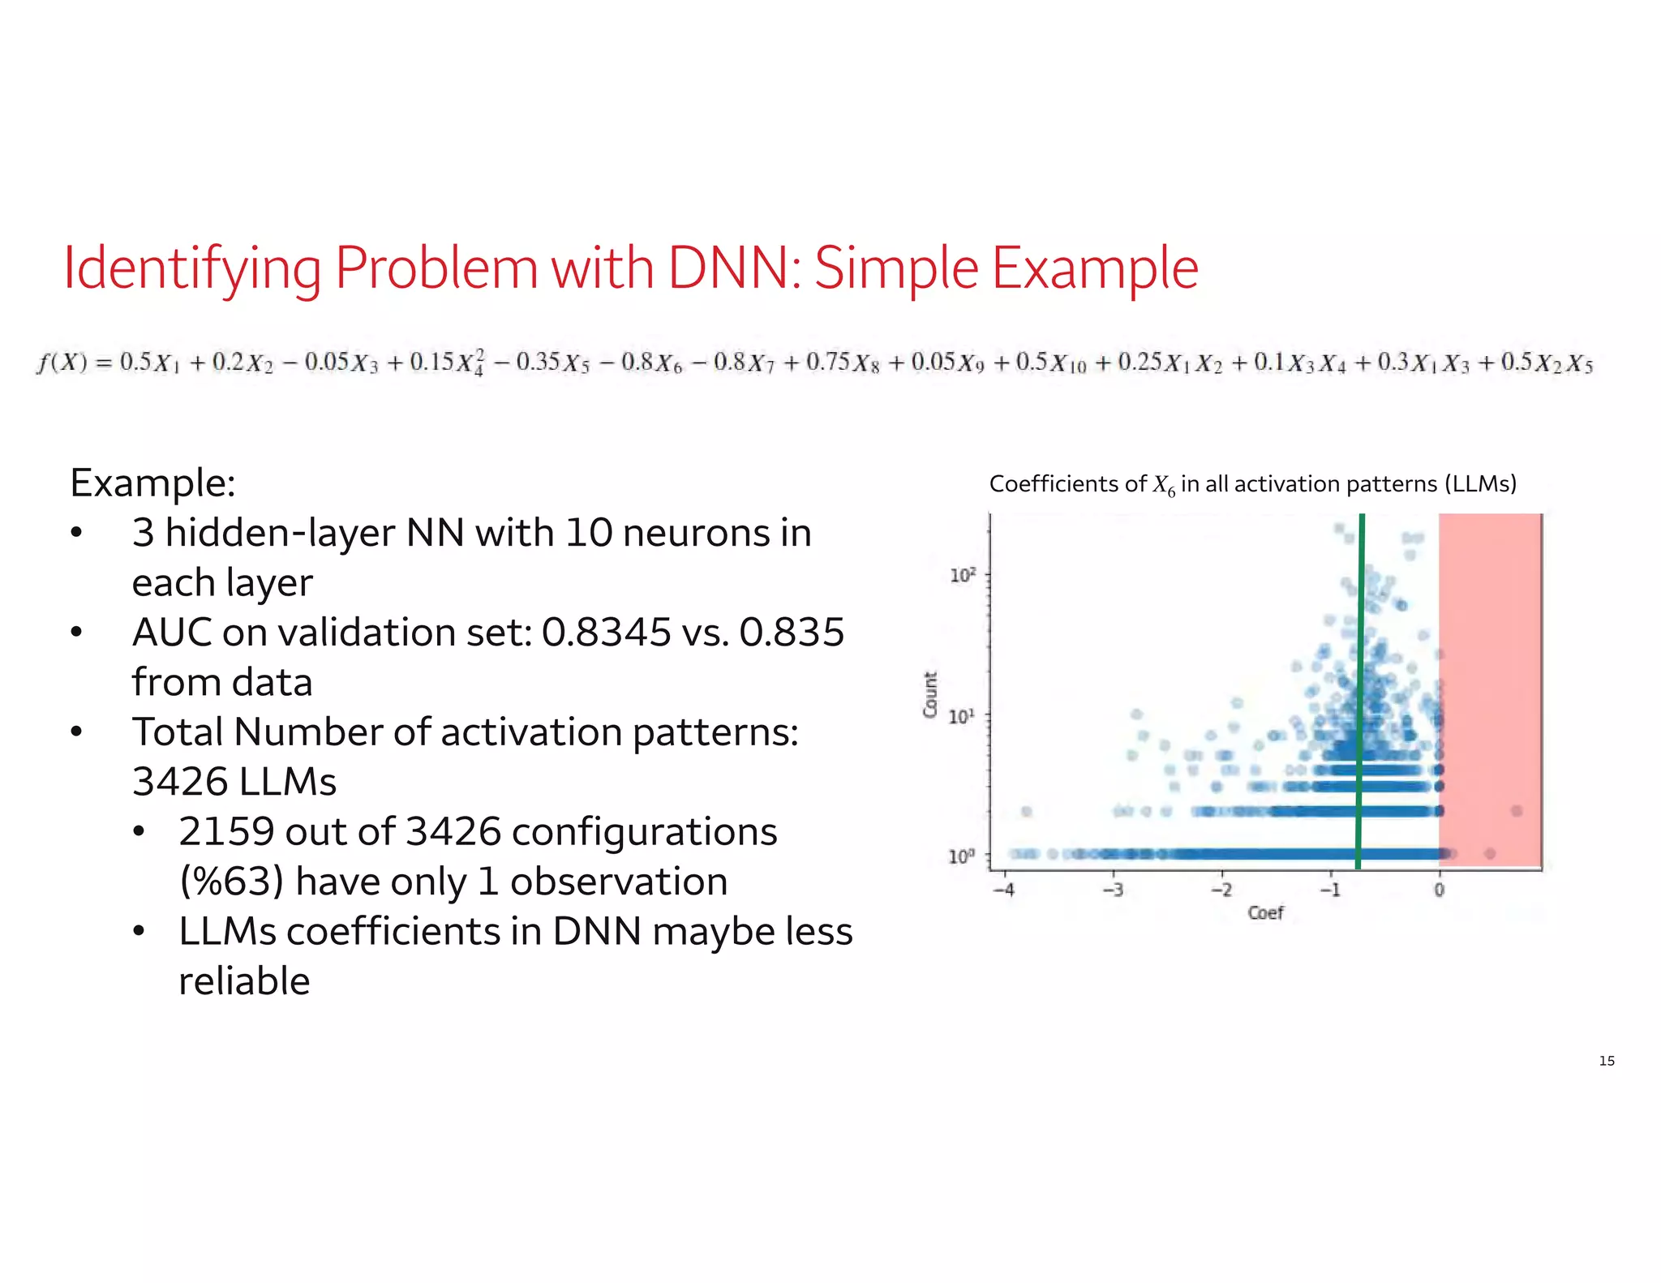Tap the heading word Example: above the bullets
pyautogui.click(x=152, y=483)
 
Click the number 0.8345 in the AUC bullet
pyautogui.click(x=606, y=633)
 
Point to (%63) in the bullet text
pyautogui.click(x=231, y=882)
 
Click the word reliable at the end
pyautogui.click(x=244, y=981)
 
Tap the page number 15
pyautogui.click(x=1606, y=1061)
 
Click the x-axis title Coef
pyautogui.click(x=1265, y=913)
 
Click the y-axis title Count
pyautogui.click(x=930, y=694)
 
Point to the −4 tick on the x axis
pyautogui.click(x=1004, y=890)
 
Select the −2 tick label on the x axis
pyautogui.click(x=1221, y=890)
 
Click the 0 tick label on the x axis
pyautogui.click(x=1439, y=890)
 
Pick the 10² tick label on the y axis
pyautogui.click(x=962, y=576)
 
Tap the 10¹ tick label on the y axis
pyautogui.click(x=962, y=717)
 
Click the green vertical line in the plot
pyautogui.click(x=1360, y=689)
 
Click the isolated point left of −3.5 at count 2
pyautogui.click(x=1027, y=811)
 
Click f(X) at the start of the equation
pyautogui.click(x=62, y=362)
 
